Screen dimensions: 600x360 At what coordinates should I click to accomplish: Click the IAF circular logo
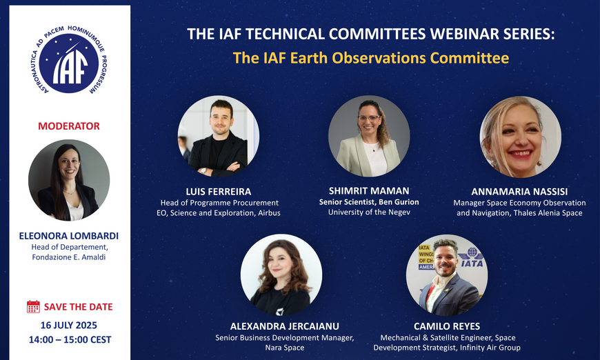click(x=69, y=60)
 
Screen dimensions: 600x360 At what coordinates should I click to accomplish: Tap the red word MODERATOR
click(x=69, y=126)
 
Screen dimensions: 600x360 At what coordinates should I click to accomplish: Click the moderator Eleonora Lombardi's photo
click(x=69, y=180)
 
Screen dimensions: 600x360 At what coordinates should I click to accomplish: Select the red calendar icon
click(x=33, y=306)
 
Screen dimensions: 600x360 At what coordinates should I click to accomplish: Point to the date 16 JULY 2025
click(x=69, y=326)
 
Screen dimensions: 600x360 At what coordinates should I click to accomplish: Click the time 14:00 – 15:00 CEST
click(x=70, y=339)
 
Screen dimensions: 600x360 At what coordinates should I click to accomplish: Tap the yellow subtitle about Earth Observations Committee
click(x=371, y=58)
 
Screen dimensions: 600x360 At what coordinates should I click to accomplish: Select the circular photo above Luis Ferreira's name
click(x=219, y=136)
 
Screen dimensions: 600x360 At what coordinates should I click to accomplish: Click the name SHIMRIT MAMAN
click(x=369, y=190)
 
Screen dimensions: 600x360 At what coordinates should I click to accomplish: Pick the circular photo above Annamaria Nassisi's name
click(x=521, y=137)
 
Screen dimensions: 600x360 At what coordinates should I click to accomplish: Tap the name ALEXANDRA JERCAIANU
click(x=285, y=326)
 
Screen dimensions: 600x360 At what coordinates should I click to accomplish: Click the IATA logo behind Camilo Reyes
click(x=470, y=257)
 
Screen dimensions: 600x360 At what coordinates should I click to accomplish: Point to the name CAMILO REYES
click(x=447, y=326)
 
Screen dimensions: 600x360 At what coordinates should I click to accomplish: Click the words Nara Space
click(x=285, y=348)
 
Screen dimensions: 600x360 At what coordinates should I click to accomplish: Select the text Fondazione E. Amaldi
click(x=69, y=257)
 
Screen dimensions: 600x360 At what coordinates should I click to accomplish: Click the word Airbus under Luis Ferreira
click(x=269, y=213)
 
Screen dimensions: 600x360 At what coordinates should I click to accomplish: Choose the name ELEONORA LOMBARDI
click(x=69, y=236)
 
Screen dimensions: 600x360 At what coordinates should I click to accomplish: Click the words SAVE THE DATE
click(x=79, y=307)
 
